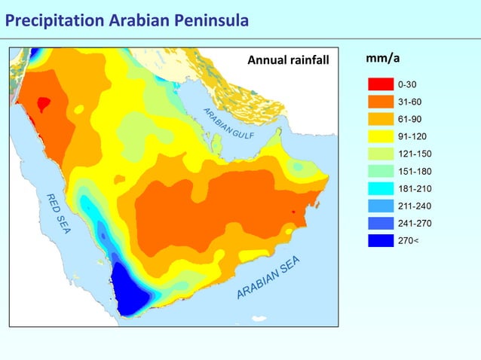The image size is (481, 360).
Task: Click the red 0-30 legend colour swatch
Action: tap(381, 84)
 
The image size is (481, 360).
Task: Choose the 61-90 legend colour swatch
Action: tap(381, 119)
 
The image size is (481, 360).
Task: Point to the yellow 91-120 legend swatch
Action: tap(381, 136)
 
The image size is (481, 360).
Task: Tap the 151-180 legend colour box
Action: tap(381, 171)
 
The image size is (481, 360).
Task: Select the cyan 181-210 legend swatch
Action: tap(381, 188)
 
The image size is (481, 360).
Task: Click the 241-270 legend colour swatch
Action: tap(381, 223)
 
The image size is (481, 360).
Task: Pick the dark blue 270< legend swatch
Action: tap(381, 240)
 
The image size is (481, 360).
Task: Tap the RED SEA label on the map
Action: tap(58, 213)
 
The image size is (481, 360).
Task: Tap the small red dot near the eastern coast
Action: tap(294, 212)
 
